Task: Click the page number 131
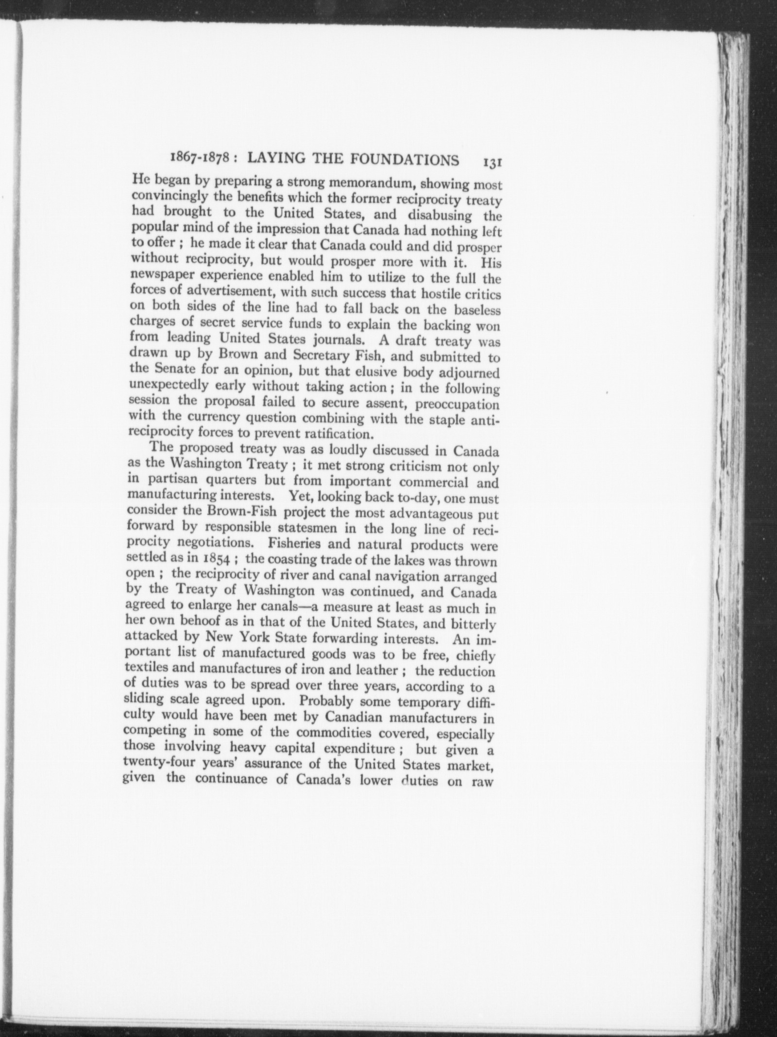pos(492,161)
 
